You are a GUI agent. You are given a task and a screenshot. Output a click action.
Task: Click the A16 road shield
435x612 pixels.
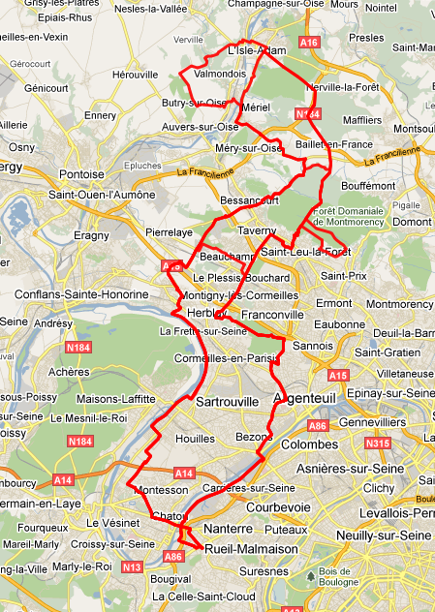pos(309,43)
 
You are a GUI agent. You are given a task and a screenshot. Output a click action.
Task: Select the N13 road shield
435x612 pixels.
pos(131,566)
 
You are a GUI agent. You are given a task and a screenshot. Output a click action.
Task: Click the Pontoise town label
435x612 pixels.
pos(81,174)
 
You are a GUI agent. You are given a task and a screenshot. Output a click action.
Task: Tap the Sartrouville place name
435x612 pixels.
pos(227,401)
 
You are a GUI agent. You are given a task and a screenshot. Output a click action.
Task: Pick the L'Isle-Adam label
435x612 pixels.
pos(259,50)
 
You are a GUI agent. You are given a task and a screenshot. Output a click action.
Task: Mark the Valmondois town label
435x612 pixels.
pos(220,73)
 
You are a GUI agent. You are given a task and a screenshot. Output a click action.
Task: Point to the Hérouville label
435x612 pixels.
pos(135,74)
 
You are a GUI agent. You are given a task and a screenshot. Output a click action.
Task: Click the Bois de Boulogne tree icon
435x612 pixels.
pos(311,575)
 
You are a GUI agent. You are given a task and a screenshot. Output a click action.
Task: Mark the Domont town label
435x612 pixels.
pos(412,222)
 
